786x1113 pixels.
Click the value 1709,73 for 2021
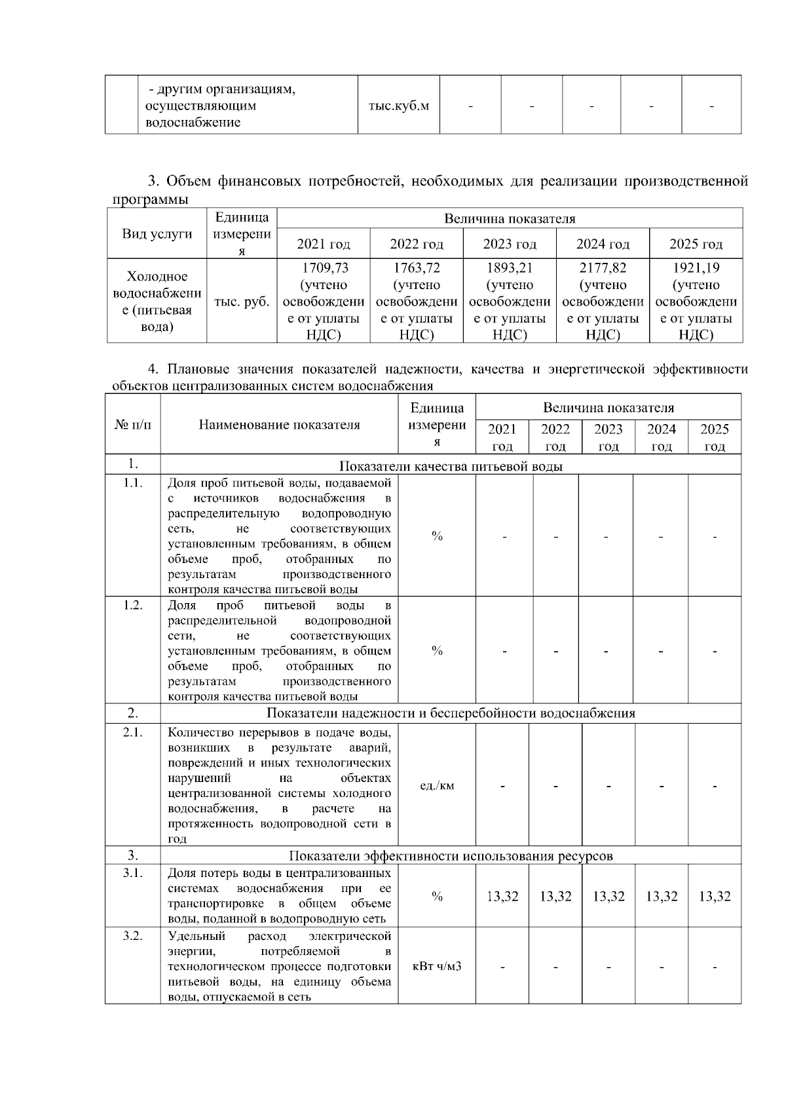pyautogui.click(x=324, y=267)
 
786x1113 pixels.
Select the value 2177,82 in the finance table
pyautogui.click(x=603, y=267)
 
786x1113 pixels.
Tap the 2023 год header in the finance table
pyautogui.click(x=510, y=244)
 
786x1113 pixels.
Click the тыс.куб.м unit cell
pyautogui.click(x=398, y=106)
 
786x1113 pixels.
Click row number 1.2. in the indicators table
pyautogui.click(x=132, y=604)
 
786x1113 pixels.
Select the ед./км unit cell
pyautogui.click(x=437, y=785)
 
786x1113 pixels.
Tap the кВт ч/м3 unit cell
pyautogui.click(x=437, y=966)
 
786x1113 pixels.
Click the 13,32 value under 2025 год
pyautogui.click(x=715, y=897)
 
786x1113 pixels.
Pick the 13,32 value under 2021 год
pyautogui.click(x=502, y=897)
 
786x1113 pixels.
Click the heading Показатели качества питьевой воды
pyautogui.click(x=451, y=466)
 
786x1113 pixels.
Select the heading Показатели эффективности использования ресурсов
pyautogui.click(x=451, y=855)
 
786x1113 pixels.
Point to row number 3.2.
pyautogui.click(x=132, y=935)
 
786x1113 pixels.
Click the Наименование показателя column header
pyautogui.click(x=279, y=425)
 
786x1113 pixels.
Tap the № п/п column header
pyautogui.click(x=132, y=425)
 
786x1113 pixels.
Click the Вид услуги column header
pyautogui.click(x=157, y=234)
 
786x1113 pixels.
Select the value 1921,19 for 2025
pyautogui.click(x=696, y=267)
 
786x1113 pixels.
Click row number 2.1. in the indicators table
pyautogui.click(x=132, y=732)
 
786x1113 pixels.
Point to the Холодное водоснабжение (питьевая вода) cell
pyautogui.click(x=157, y=302)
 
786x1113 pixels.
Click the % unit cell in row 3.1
pyautogui.click(x=437, y=897)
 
